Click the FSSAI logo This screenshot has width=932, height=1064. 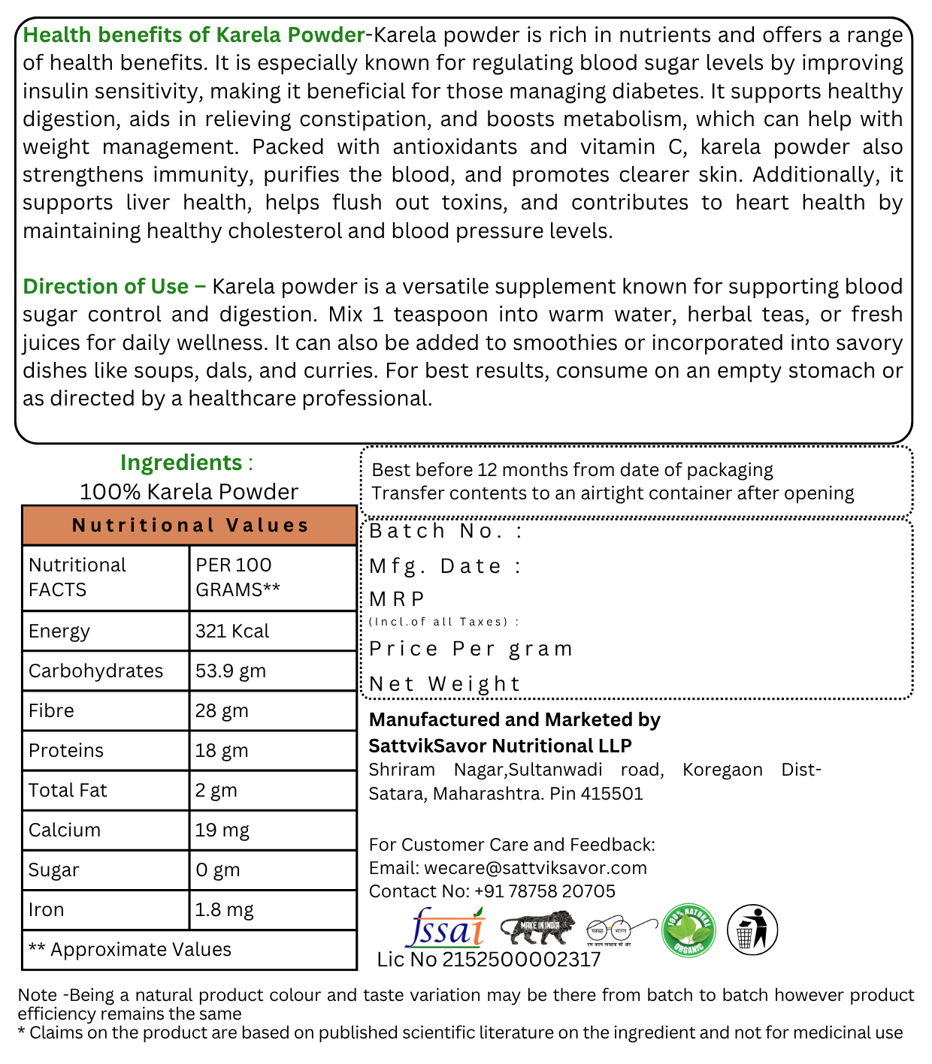(446, 928)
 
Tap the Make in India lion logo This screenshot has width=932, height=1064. (537, 929)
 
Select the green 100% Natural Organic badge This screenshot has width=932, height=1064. (688, 930)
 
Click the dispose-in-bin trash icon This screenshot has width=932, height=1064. (752, 930)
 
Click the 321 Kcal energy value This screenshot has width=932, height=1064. (232, 631)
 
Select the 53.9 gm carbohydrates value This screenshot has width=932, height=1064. (231, 671)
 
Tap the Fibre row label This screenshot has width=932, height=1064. (51, 711)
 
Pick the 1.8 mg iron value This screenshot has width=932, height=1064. (224, 910)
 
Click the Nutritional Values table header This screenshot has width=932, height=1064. (189, 526)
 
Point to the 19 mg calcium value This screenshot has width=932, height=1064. (222, 830)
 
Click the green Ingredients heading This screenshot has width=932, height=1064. (181, 463)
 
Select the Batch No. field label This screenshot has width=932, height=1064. (445, 532)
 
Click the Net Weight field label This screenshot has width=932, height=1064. (444, 684)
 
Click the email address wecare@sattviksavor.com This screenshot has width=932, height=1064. (535, 868)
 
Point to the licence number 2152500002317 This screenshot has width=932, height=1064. (521, 960)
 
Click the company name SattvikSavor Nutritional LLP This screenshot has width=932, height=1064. (500, 746)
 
